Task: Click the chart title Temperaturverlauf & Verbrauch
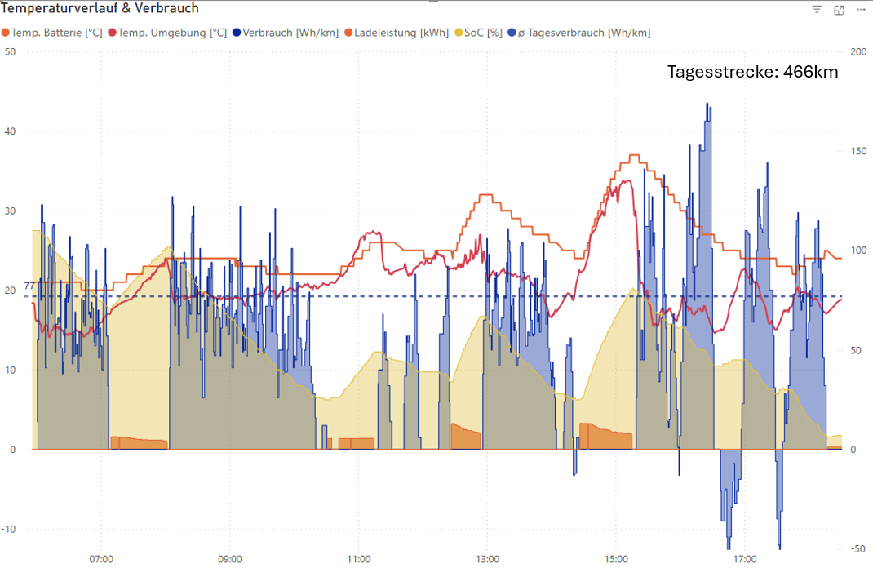click(x=100, y=8)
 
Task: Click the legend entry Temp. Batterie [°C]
click(x=56, y=33)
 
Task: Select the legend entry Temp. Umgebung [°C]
click(x=172, y=33)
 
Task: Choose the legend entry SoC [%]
click(x=483, y=33)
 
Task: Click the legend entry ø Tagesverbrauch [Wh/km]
click(x=583, y=33)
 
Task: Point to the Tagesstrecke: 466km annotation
click(x=752, y=72)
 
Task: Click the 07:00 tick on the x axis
click(x=101, y=560)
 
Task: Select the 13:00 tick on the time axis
click(x=487, y=560)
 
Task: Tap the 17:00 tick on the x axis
click(x=744, y=560)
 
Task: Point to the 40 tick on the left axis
click(x=11, y=131)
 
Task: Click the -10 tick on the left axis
click(x=9, y=530)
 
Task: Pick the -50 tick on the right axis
click(x=857, y=548)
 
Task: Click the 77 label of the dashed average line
click(x=29, y=286)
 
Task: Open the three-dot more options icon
click(x=860, y=10)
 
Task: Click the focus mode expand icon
click(x=839, y=10)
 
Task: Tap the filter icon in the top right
click(x=817, y=10)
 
